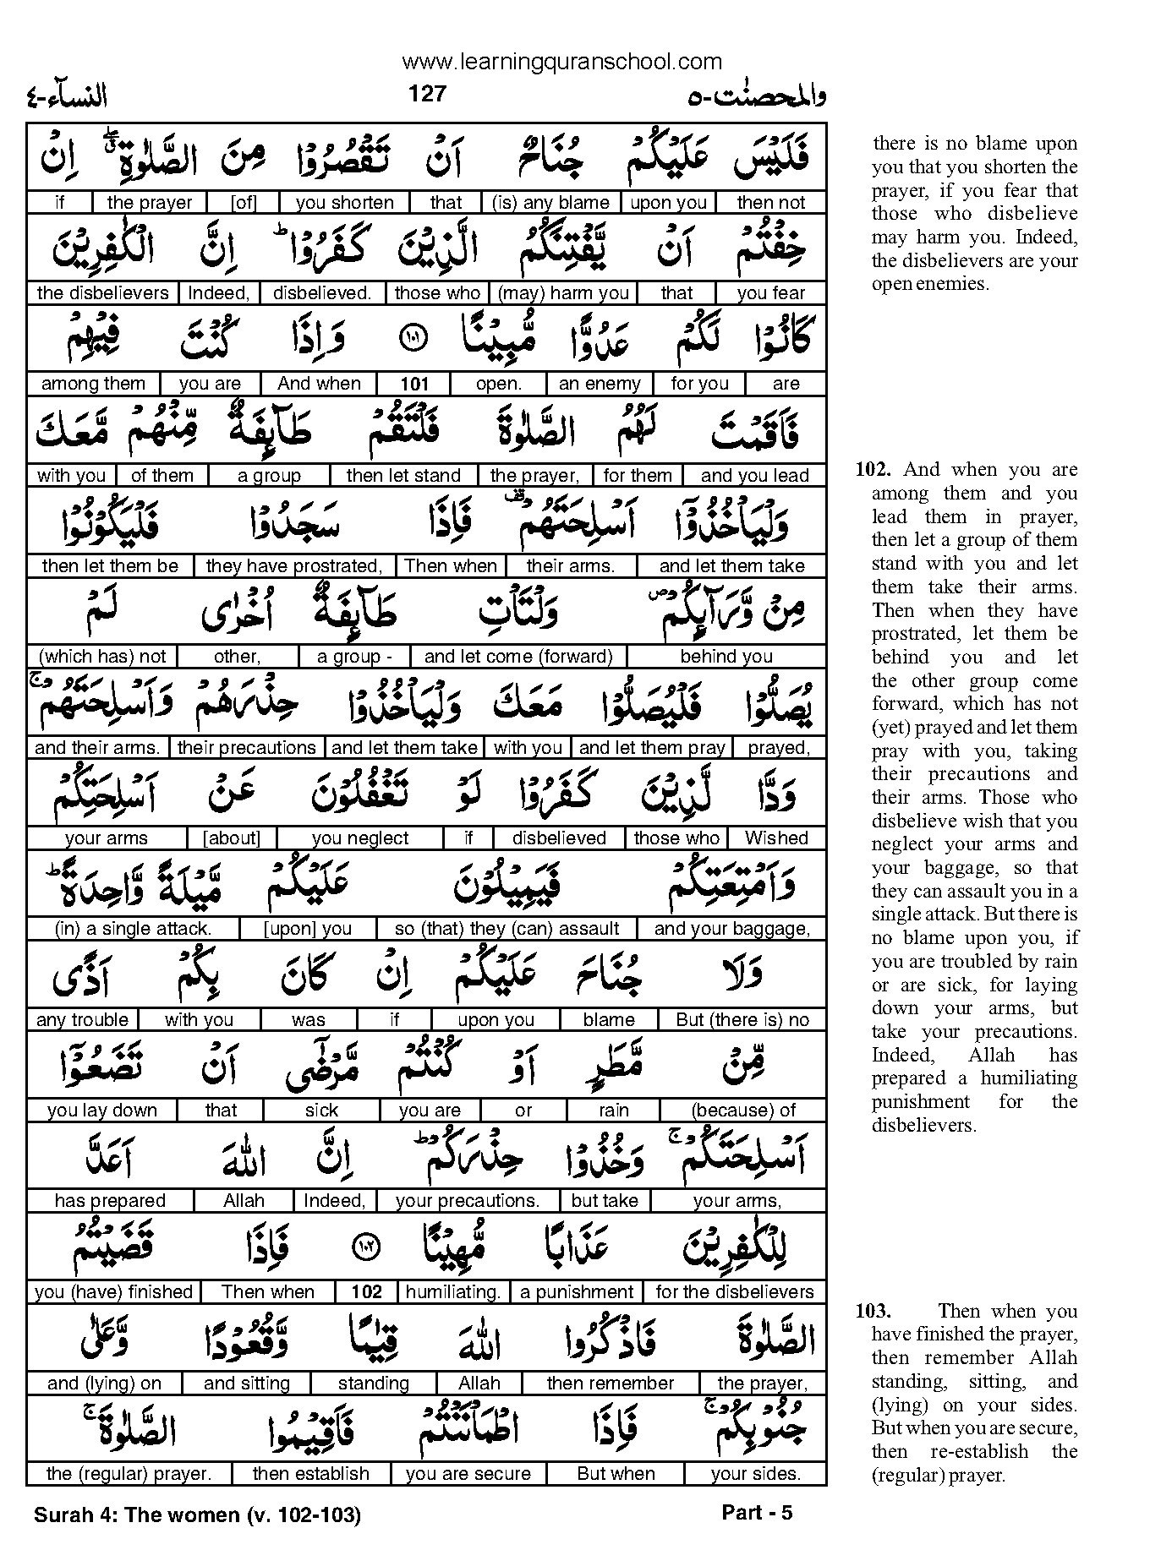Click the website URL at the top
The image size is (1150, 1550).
click(562, 61)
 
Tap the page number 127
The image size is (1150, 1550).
click(426, 93)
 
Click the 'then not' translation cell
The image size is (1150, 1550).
click(770, 203)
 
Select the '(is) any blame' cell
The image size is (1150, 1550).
click(550, 203)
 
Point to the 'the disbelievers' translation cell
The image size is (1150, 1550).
click(103, 293)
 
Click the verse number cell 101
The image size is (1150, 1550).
click(414, 384)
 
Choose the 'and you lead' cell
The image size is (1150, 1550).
click(754, 475)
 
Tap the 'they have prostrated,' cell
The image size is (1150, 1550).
click(294, 565)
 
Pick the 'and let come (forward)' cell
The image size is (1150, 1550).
click(518, 657)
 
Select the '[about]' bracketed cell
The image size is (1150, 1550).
click(232, 838)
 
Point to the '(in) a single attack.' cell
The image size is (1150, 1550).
click(133, 929)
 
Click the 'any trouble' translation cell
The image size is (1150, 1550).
click(82, 1020)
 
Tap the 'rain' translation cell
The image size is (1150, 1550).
click(613, 1111)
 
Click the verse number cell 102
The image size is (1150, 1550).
click(366, 1292)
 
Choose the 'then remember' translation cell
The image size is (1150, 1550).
click(610, 1384)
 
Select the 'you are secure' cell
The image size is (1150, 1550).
click(468, 1474)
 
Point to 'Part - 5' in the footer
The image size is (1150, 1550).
click(757, 1512)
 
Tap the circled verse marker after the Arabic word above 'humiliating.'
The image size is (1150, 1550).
click(370, 1247)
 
